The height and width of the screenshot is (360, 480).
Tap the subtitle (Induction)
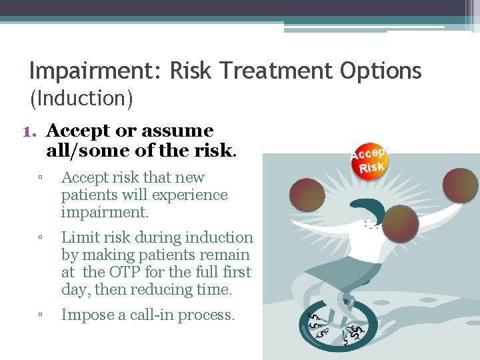(81, 99)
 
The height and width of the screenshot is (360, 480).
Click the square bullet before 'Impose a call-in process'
(41, 315)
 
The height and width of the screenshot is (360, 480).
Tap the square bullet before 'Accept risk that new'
(41, 178)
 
